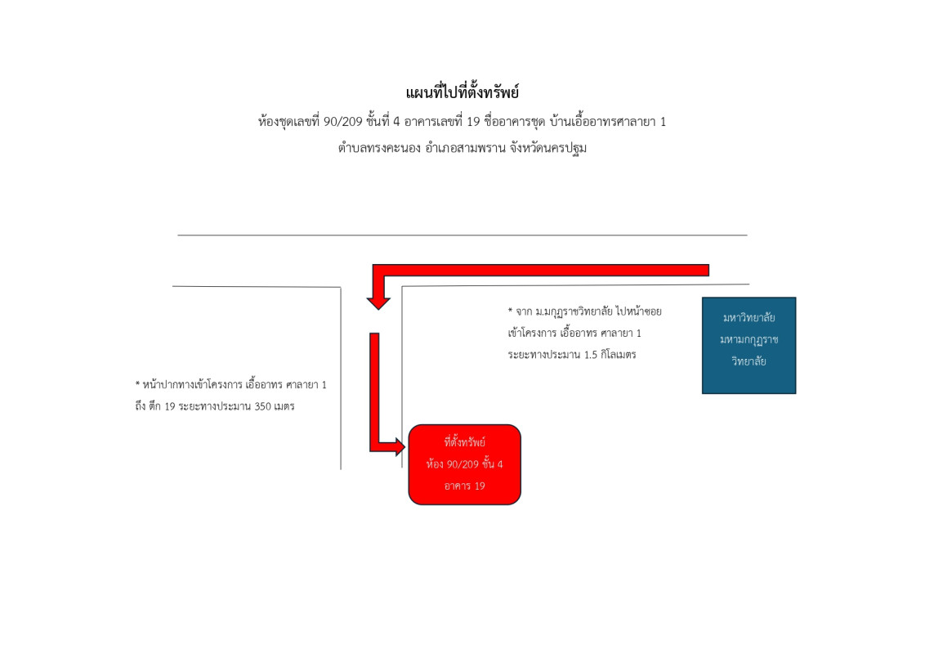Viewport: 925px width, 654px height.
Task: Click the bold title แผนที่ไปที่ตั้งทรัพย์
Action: coord(462,92)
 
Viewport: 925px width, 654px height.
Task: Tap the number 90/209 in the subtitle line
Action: coord(342,122)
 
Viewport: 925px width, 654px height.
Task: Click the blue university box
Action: coord(748,345)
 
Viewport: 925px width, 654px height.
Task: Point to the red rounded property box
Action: coord(464,464)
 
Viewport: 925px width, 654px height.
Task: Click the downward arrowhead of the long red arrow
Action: coord(378,302)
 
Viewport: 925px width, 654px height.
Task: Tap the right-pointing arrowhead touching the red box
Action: coord(400,447)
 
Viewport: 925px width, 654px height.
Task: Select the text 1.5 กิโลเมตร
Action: coord(610,355)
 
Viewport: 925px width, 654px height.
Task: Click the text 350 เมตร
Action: coord(275,406)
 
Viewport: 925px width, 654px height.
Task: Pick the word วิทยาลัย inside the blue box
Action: coord(748,361)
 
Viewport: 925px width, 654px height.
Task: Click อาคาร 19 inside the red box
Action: coord(464,486)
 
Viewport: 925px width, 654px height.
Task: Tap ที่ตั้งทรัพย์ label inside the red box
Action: coord(464,442)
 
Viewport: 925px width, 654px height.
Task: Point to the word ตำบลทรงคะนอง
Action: coord(378,148)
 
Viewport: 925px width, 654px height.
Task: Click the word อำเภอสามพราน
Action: coord(465,148)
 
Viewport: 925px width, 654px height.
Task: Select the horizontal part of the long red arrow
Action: coord(540,271)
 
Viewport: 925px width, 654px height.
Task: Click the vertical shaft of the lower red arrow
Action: coord(374,390)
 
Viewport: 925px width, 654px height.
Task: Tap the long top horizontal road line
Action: coord(462,235)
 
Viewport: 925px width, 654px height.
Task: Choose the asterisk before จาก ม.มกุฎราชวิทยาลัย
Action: coord(510,310)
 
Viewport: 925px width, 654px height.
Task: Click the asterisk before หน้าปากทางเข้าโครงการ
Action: coord(137,383)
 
